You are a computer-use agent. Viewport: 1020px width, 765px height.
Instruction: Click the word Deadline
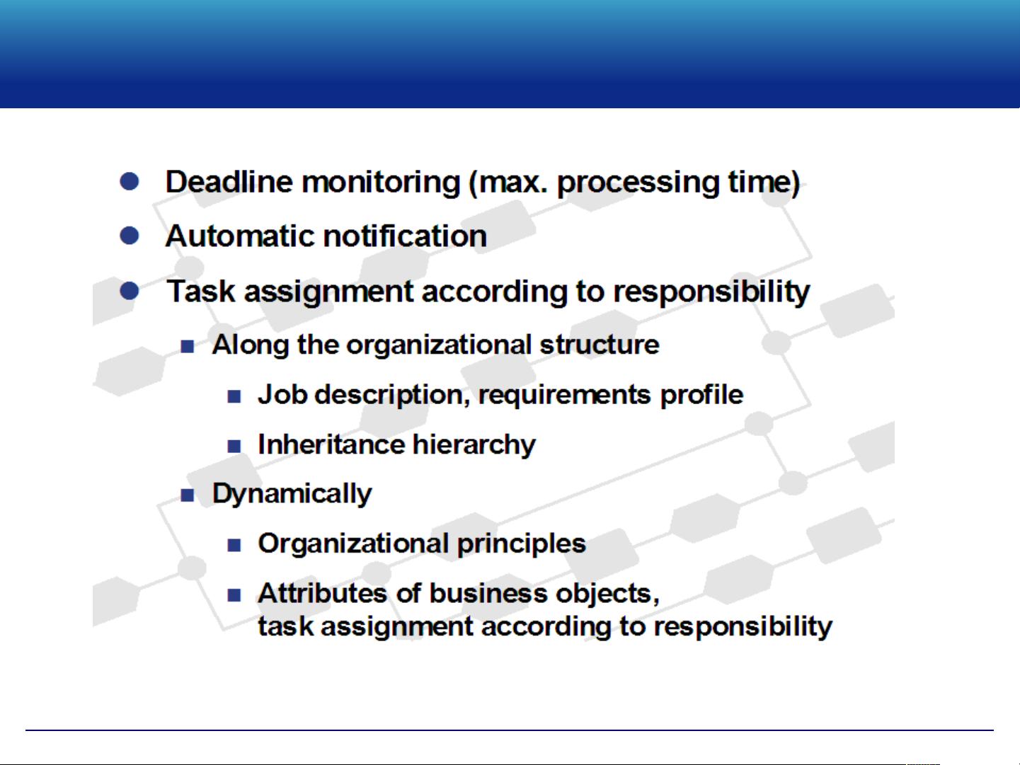click(x=229, y=182)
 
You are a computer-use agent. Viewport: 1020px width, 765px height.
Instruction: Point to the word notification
click(x=405, y=236)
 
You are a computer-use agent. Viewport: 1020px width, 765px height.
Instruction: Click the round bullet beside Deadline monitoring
click(x=130, y=181)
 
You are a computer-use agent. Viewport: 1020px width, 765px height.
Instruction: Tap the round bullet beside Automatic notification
click(x=130, y=236)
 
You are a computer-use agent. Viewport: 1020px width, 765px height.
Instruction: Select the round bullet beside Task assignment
click(x=130, y=291)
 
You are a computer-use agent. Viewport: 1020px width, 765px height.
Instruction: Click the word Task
click(x=201, y=292)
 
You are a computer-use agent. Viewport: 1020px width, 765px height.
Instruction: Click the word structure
click(x=600, y=345)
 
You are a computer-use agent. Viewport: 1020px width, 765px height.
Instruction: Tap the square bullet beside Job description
click(x=234, y=396)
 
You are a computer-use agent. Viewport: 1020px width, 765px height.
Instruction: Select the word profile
click(x=701, y=396)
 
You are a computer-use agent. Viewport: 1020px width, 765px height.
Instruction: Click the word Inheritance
click(x=331, y=444)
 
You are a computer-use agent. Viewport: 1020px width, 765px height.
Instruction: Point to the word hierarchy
click(x=474, y=445)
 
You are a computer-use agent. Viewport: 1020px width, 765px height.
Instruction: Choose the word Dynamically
click(x=292, y=494)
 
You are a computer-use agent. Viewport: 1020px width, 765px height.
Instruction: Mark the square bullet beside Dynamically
click(x=188, y=495)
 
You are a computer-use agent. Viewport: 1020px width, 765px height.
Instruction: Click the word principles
click(x=522, y=544)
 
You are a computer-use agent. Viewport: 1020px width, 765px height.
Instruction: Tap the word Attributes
click(x=323, y=594)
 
